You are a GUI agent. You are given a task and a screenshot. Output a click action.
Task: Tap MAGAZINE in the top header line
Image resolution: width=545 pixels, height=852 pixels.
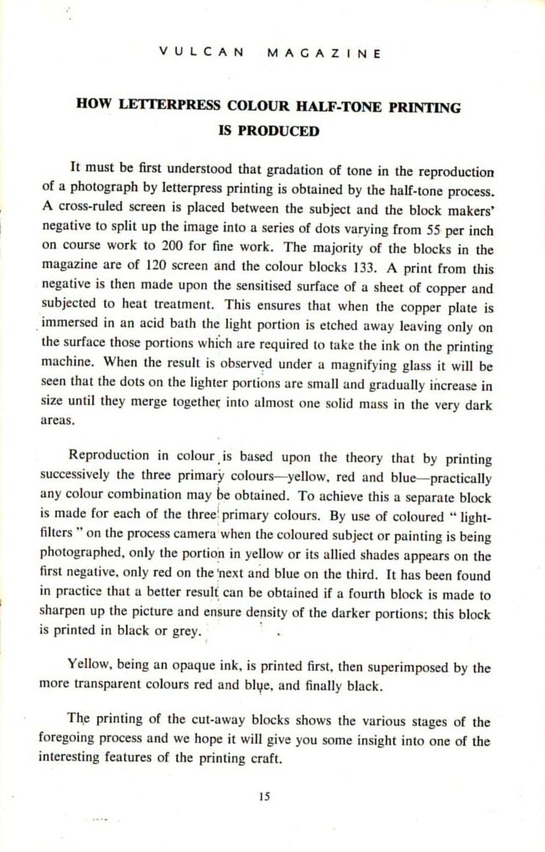click(324, 52)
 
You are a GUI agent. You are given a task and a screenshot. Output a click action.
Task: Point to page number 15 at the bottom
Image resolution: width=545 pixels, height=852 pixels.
click(264, 797)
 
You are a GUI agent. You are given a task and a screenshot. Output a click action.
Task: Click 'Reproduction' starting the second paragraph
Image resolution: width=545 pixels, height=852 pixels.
click(107, 456)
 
